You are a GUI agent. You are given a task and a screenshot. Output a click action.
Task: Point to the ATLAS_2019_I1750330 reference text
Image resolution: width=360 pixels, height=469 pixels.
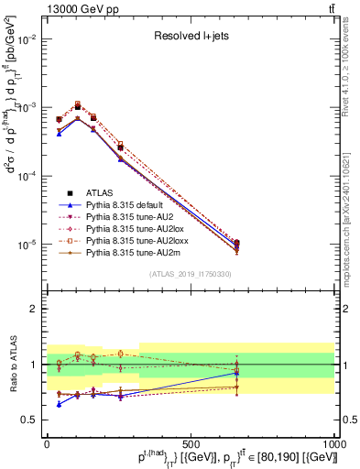(x=191, y=274)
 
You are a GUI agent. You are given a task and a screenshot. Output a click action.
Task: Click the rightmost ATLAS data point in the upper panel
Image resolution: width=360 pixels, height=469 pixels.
(x=237, y=244)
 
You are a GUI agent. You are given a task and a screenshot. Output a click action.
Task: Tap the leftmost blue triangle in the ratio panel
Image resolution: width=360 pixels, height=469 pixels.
(x=60, y=404)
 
